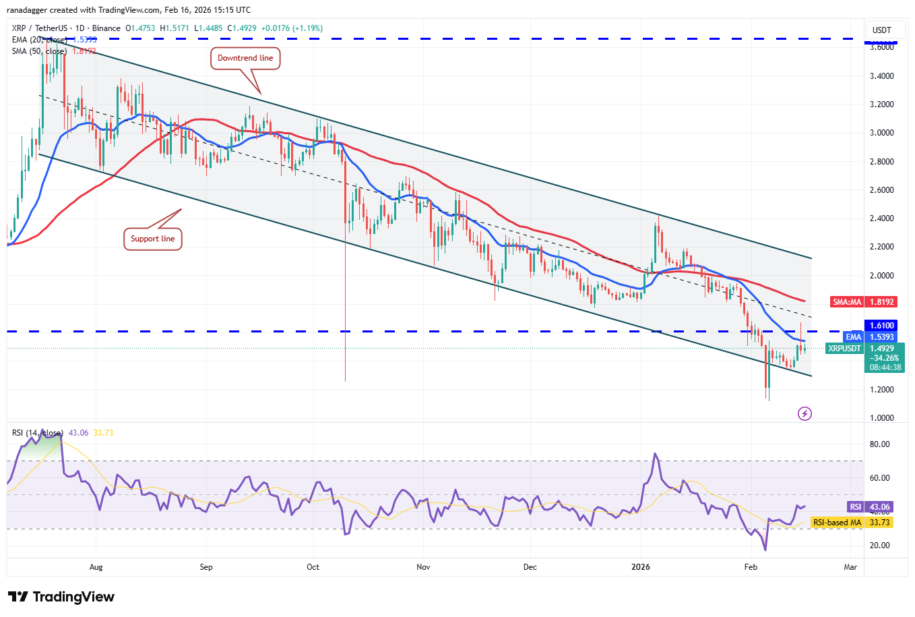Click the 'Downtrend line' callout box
click(245, 58)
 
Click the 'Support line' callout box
click(152, 239)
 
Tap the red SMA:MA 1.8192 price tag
click(863, 302)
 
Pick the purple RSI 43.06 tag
click(870, 507)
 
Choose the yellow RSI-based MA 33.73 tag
click(852, 523)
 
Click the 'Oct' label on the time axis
click(313, 567)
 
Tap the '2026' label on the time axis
click(641, 567)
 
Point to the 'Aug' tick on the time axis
click(96, 567)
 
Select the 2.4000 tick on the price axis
click(881, 218)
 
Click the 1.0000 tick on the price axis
click(881, 418)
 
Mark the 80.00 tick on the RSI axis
click(879, 444)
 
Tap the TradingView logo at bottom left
click(61, 597)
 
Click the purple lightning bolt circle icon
click(804, 413)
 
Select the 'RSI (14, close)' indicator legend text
click(38, 433)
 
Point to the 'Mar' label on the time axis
click(850, 567)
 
